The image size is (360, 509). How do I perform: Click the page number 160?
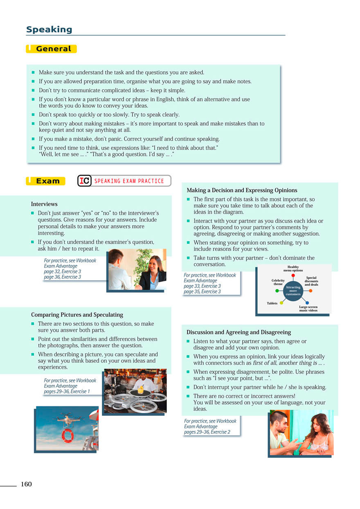26,484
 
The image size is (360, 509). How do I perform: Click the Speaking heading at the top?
49,29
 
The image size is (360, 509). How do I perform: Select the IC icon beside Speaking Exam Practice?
85,181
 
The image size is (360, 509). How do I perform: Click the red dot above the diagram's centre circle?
293,275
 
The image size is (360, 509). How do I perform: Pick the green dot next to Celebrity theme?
277,291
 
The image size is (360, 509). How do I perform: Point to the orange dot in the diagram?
310,291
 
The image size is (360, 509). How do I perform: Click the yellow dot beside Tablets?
281,303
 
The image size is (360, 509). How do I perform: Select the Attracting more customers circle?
293,291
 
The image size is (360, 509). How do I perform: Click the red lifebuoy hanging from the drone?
67,435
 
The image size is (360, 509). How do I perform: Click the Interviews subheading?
44,204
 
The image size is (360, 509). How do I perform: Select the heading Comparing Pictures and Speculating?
77,315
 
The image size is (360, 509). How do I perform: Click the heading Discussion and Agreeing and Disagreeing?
239,332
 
